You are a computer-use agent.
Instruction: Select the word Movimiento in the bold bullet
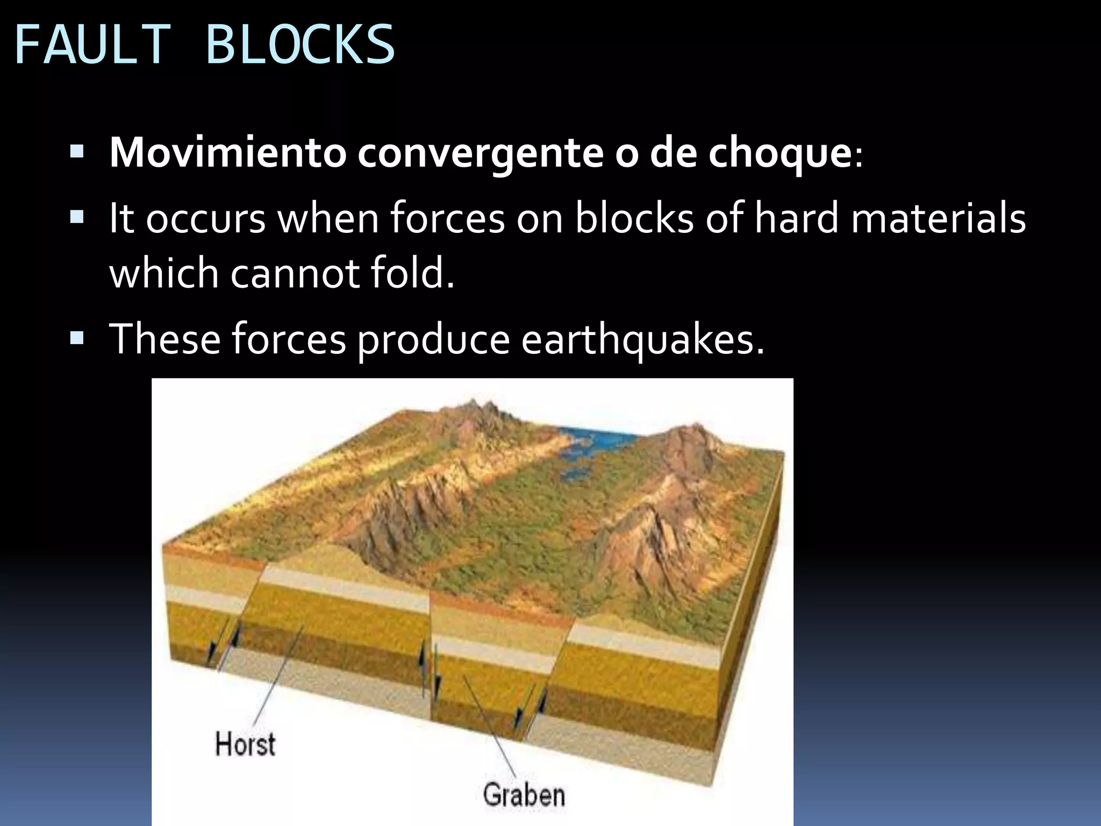coord(227,154)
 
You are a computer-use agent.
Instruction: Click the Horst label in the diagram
coord(245,744)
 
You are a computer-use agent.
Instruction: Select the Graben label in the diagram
coord(524,795)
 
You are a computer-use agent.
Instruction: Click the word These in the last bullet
coord(165,340)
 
